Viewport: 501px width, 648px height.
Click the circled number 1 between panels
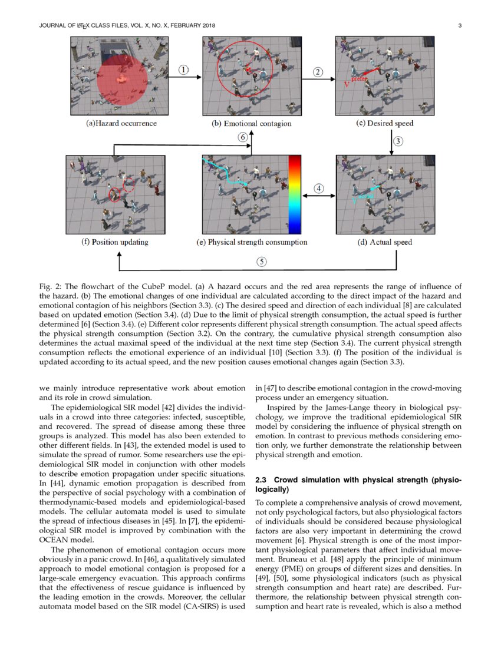click(184, 70)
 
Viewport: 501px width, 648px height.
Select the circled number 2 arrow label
click(318, 72)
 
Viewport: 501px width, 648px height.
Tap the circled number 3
click(398, 141)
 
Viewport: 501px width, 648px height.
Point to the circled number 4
click(318, 189)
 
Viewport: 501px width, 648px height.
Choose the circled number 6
click(242, 137)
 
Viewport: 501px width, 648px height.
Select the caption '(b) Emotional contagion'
click(252, 124)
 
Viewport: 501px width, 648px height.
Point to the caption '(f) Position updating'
click(114, 242)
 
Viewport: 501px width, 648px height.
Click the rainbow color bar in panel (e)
click(294, 194)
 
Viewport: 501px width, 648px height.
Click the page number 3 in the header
click(459, 25)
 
